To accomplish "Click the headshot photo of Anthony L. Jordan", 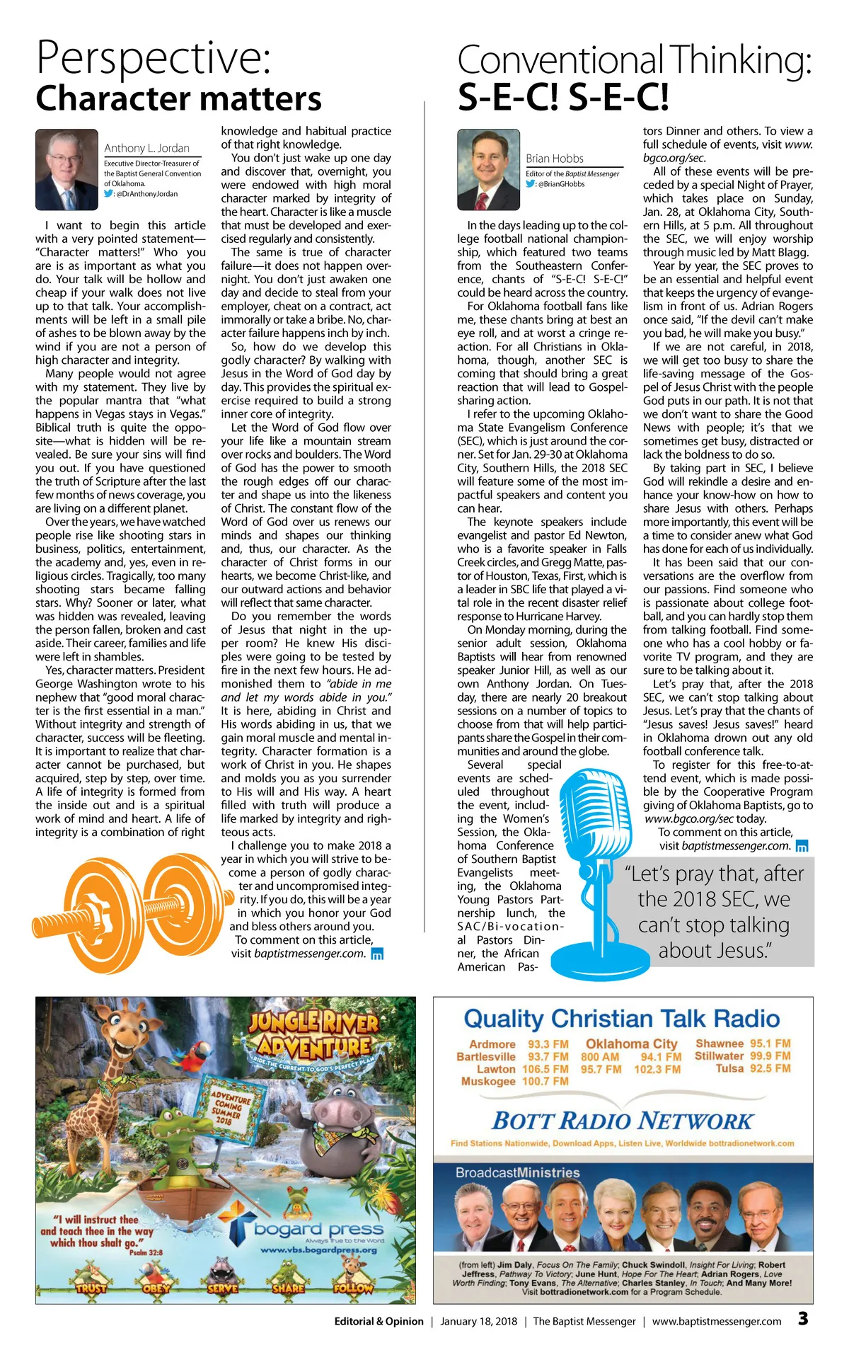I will coord(67,169).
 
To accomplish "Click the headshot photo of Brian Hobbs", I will coord(488,169).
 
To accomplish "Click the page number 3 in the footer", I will coord(803,1318).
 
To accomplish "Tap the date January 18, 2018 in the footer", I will coord(478,1321).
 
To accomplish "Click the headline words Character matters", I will coord(178,98).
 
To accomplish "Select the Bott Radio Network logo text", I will coord(623,1121).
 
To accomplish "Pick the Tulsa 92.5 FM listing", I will coord(753,1068).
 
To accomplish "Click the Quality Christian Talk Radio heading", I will coord(622,1019).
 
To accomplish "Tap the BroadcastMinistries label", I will coord(517,1172).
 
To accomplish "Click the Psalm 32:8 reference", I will coord(146,1252).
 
